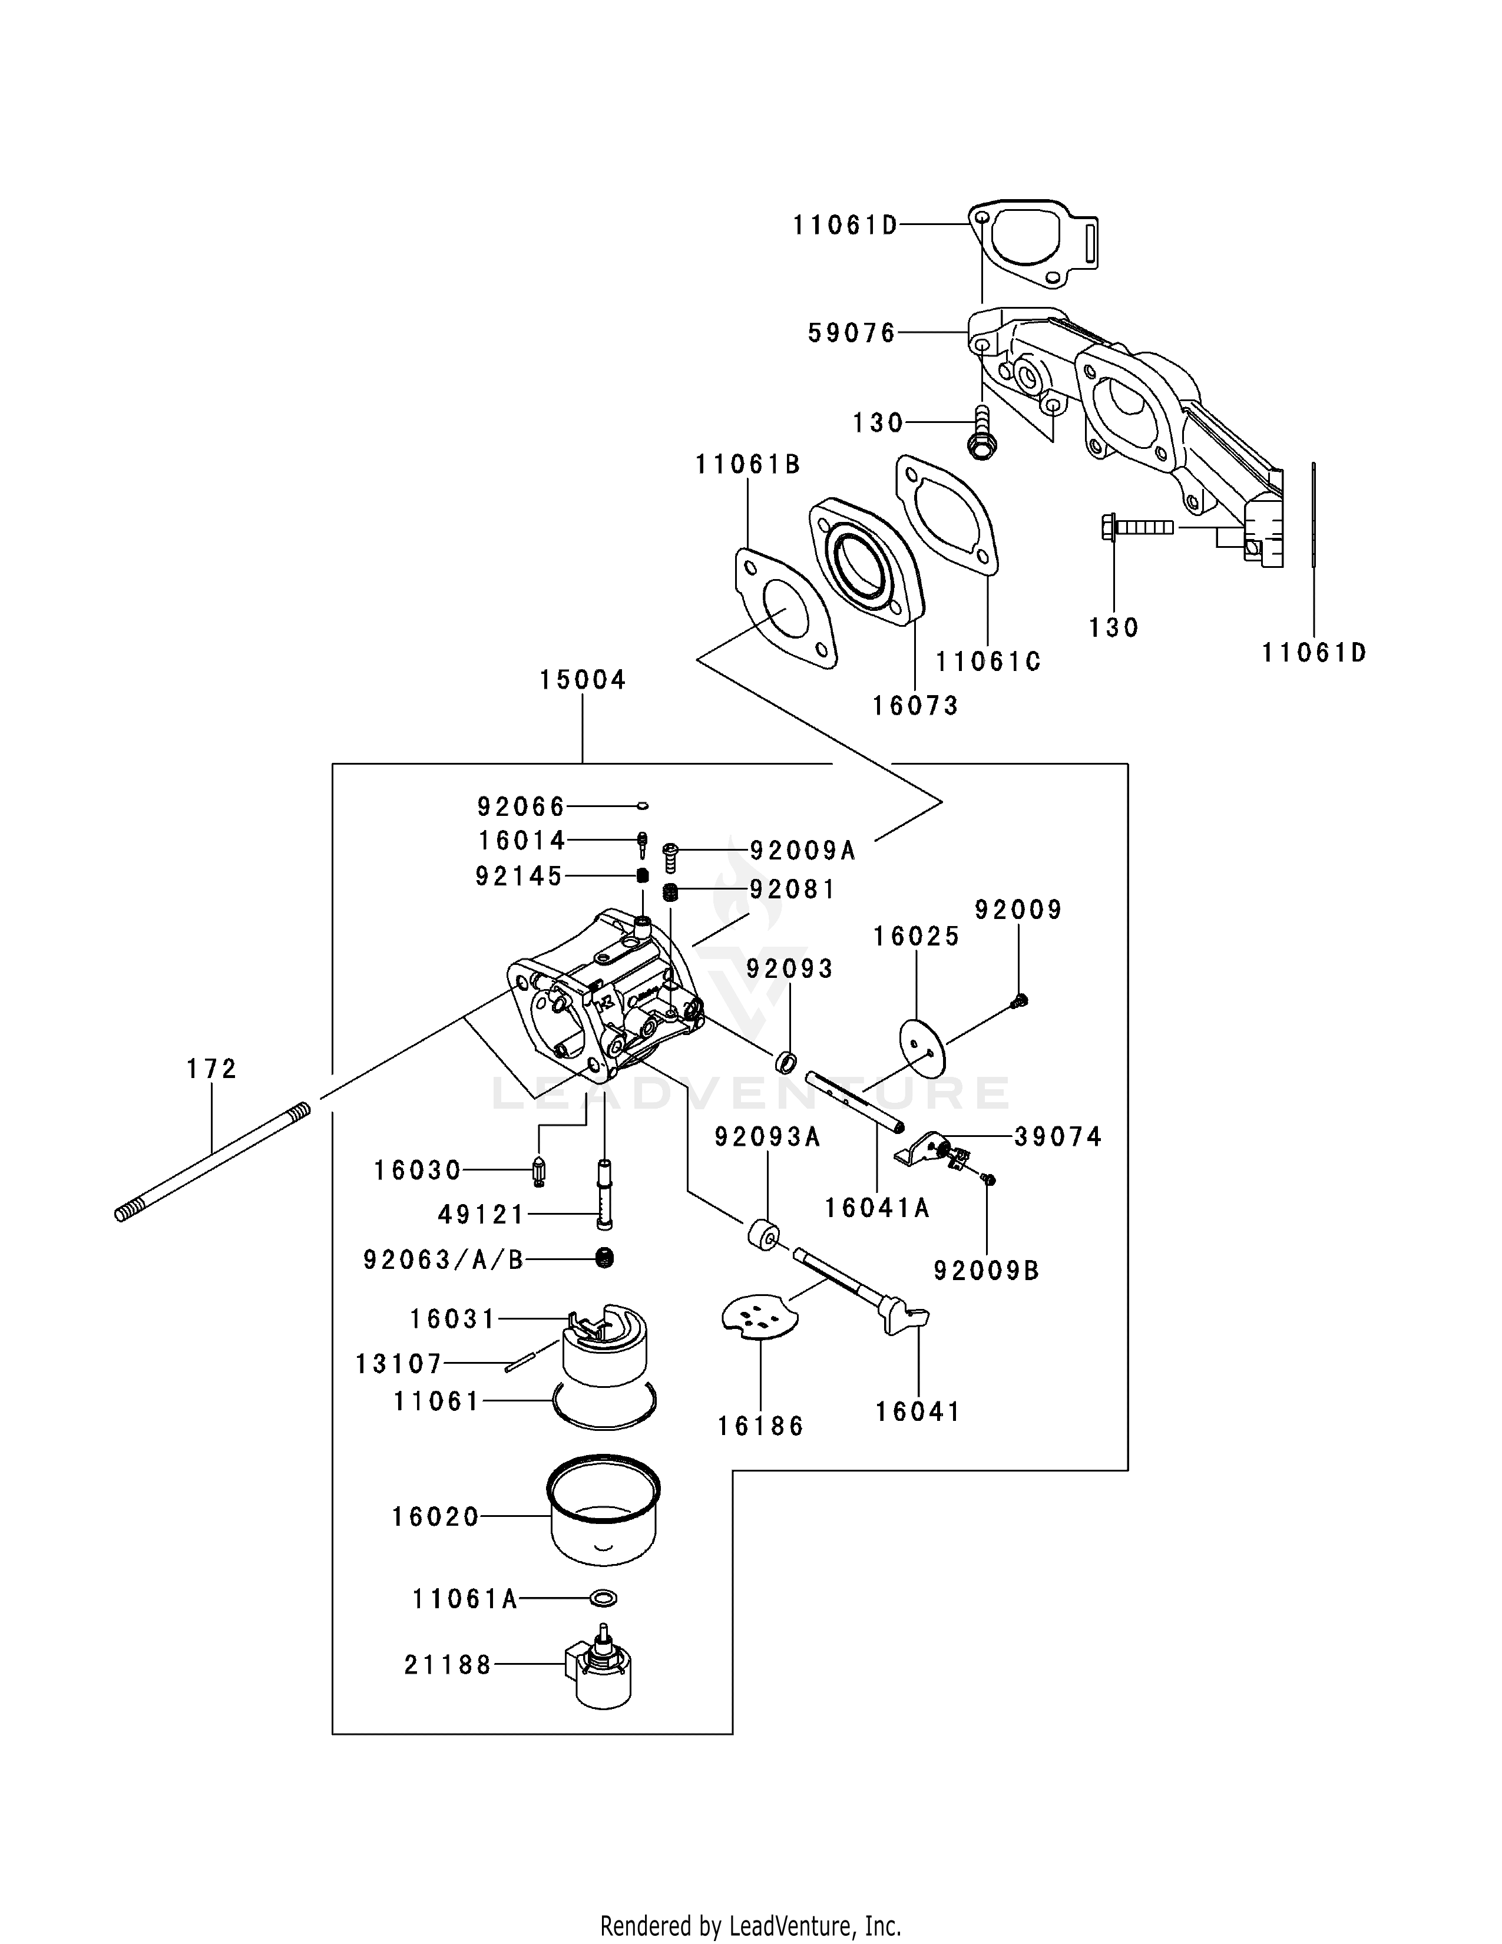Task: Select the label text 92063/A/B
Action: pos(443,1259)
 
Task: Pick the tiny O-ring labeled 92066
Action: pos(643,806)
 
